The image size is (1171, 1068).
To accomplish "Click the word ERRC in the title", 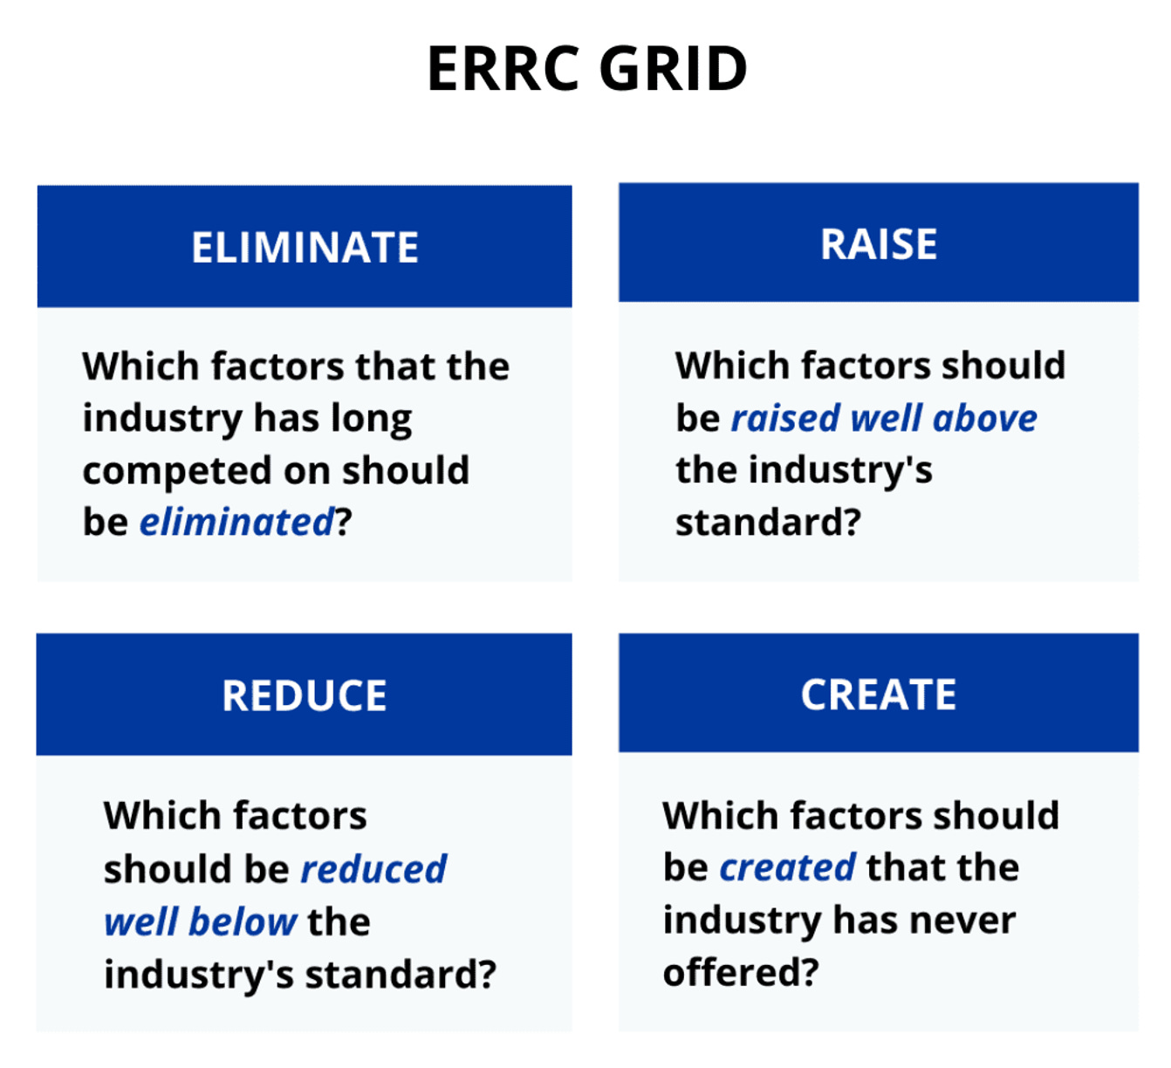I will pyautogui.click(x=503, y=69).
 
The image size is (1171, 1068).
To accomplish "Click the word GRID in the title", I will pyautogui.click(x=674, y=69).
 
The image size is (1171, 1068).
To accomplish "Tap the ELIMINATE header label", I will pyautogui.click(x=305, y=248).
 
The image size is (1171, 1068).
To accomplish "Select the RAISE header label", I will pyautogui.click(x=879, y=244).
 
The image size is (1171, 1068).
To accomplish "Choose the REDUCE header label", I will pyautogui.click(x=305, y=695).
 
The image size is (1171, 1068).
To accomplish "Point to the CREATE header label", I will pyautogui.click(x=879, y=695).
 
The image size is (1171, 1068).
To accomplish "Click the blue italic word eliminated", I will pyautogui.click(x=236, y=523).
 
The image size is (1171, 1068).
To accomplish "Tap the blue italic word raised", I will pyautogui.click(x=785, y=419).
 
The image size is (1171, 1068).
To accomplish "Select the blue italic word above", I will pyautogui.click(x=985, y=419).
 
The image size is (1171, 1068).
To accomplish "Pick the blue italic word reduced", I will pyautogui.click(x=373, y=869).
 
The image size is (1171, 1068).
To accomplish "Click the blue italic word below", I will pyautogui.click(x=243, y=922).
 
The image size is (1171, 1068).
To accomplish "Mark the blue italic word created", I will pyautogui.click(x=787, y=868).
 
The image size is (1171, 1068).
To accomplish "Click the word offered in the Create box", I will pyautogui.click(x=732, y=972).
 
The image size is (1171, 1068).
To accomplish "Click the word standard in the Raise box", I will pyautogui.click(x=759, y=524).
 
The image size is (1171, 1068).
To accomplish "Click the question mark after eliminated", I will pyautogui.click(x=344, y=523).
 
